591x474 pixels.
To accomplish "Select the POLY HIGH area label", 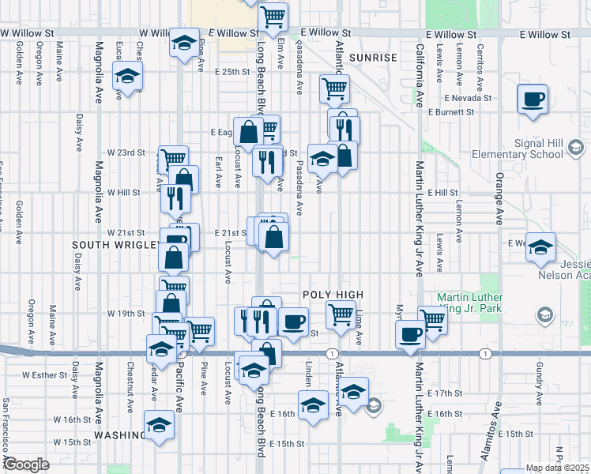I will [333, 295].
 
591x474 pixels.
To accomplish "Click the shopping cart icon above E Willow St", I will [273, 15].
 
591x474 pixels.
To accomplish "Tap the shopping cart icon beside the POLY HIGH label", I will [341, 314].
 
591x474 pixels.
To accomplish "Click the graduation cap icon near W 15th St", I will [159, 424].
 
